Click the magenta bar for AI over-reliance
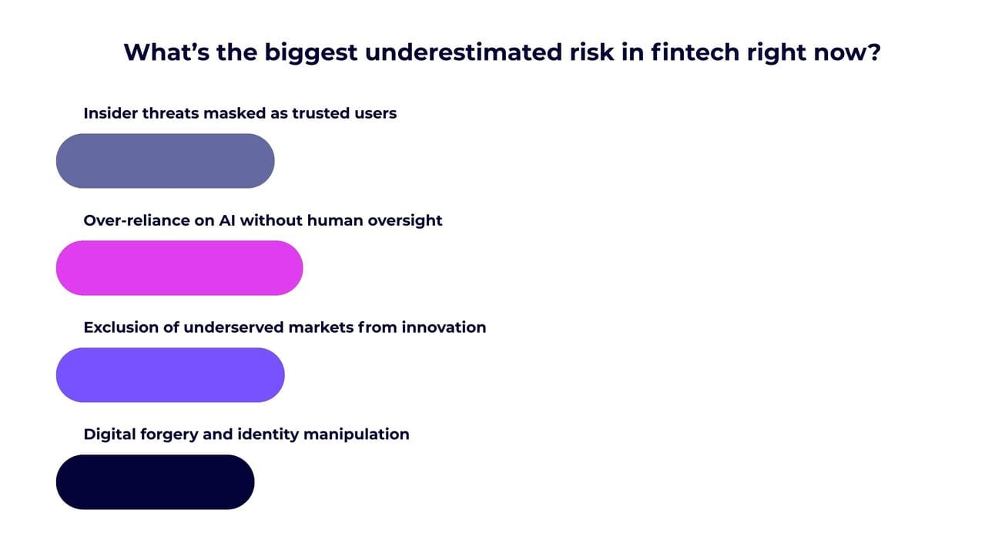pyautogui.click(x=179, y=268)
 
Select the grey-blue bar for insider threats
pyautogui.click(x=166, y=161)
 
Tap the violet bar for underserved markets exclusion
pyautogui.click(x=170, y=375)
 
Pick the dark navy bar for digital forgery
pyautogui.click(x=155, y=481)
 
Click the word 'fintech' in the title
pyautogui.click(x=695, y=52)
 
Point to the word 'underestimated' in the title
pyautogui.click(x=464, y=52)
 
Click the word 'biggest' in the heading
pyautogui.click(x=311, y=54)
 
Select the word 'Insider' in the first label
pyautogui.click(x=111, y=113)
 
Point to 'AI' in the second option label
pyautogui.click(x=227, y=220)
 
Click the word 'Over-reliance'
pyautogui.click(x=136, y=220)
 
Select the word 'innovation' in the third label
pyautogui.click(x=444, y=327)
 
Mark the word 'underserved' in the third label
pyautogui.click(x=233, y=327)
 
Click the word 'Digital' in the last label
pyautogui.click(x=109, y=435)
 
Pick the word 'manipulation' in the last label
pyautogui.click(x=357, y=435)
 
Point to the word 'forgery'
pyautogui.click(x=169, y=435)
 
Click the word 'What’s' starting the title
pyautogui.click(x=166, y=52)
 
